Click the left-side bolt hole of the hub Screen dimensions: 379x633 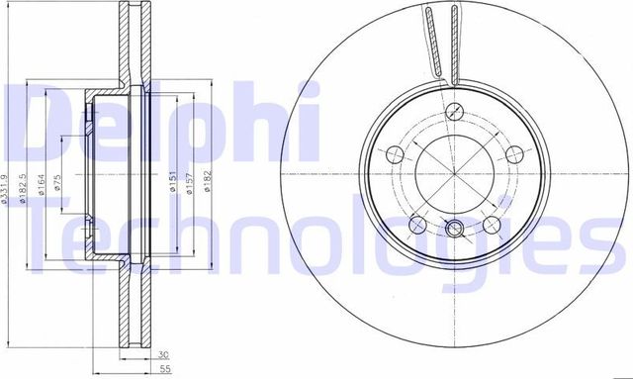pos(392,154)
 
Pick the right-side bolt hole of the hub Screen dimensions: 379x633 pos(515,154)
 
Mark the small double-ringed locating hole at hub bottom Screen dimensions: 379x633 pos(454,230)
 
